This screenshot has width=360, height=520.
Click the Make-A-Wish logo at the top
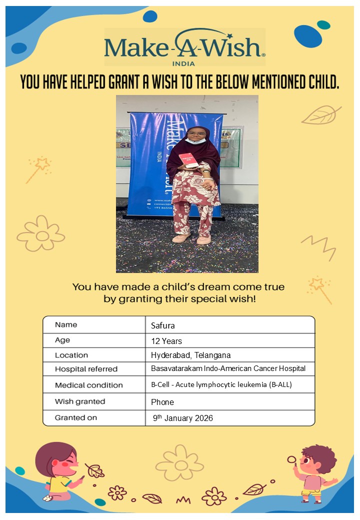tap(184, 47)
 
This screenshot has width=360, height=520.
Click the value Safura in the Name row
tap(163, 326)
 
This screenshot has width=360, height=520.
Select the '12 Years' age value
tap(166, 341)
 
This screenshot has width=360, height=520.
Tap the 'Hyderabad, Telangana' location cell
tap(190, 355)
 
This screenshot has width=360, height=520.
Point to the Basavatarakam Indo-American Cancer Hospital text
tap(228, 368)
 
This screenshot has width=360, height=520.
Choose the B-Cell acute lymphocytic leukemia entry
tap(221, 385)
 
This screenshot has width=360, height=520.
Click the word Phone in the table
tap(162, 402)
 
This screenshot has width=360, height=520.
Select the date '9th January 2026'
tap(183, 418)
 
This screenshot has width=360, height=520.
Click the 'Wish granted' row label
tap(80, 401)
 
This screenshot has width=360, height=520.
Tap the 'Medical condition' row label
tap(88, 385)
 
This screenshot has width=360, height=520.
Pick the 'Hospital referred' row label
tap(86, 369)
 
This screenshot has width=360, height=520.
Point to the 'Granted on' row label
tap(76, 417)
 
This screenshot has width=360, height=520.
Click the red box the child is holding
tap(188, 160)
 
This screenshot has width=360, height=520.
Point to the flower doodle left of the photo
tap(41, 233)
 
